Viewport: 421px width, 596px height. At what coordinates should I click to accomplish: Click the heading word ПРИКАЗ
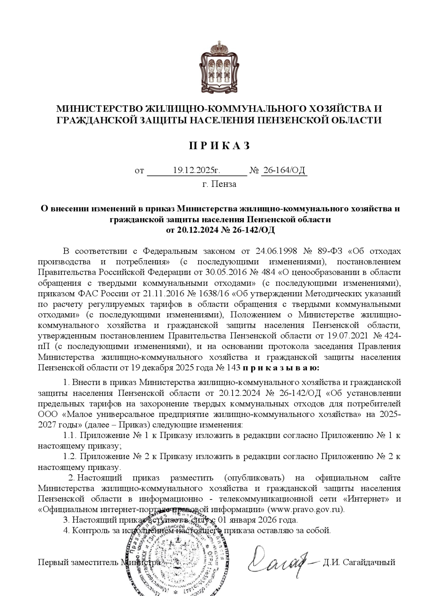coord(219,146)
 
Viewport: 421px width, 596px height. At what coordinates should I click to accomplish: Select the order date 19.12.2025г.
coord(196,171)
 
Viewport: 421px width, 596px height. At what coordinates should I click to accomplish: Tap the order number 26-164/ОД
coord(284,171)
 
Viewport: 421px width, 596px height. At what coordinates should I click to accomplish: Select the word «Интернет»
coord(367,499)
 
